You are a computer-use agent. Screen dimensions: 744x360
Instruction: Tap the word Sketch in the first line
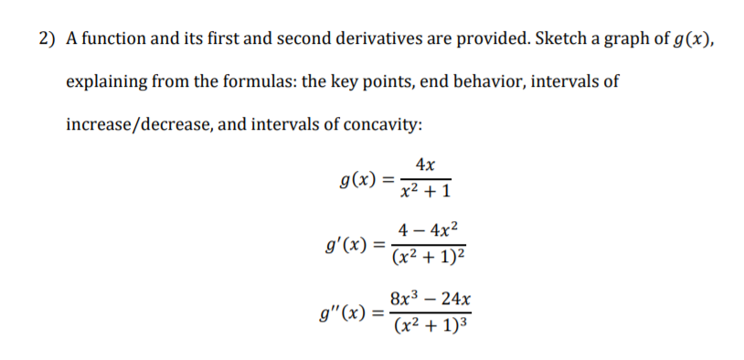pos(558,39)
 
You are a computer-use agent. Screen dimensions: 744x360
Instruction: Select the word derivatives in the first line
pos(367,39)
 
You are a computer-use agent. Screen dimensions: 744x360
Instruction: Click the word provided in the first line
pos(485,39)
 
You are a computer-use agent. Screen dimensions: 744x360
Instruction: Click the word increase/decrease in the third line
pos(138,122)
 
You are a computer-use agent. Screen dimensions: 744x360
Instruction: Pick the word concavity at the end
pos(383,122)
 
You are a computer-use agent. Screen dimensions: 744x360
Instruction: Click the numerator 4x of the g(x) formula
pos(424,164)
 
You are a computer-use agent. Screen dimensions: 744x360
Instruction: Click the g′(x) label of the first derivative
pos(346,244)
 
